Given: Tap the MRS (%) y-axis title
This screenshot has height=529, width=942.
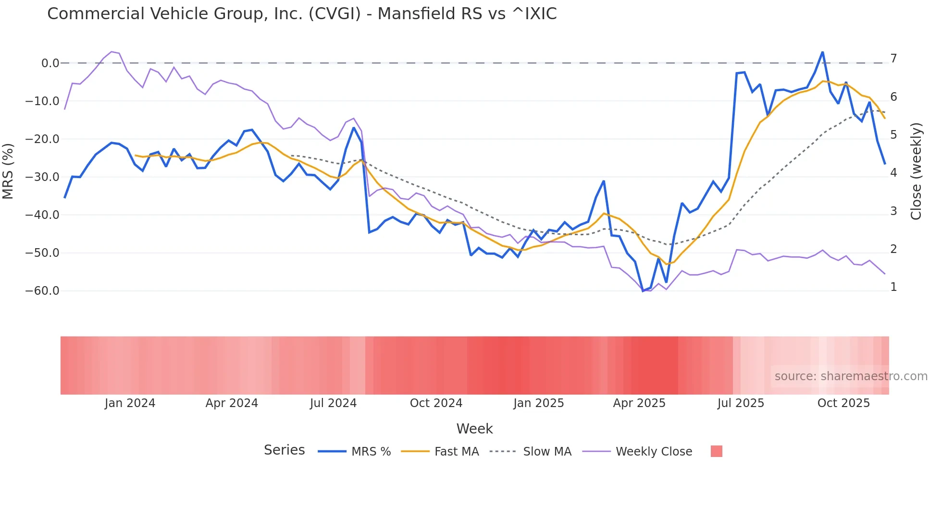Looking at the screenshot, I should pyautogui.click(x=8, y=171).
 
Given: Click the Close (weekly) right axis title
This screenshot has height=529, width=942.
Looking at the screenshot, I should pyautogui.click(x=916, y=171).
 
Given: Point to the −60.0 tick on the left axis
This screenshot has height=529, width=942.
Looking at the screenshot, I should pyautogui.click(x=42, y=291).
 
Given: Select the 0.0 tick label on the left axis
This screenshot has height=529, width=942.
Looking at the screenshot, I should pyautogui.click(x=50, y=63).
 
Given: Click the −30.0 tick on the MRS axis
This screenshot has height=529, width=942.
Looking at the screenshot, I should pyautogui.click(x=42, y=177).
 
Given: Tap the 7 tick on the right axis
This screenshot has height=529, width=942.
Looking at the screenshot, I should pyautogui.click(x=893, y=59).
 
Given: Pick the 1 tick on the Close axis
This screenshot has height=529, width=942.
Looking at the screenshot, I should pyautogui.click(x=893, y=287).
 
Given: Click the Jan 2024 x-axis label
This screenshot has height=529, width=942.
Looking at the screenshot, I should pyautogui.click(x=130, y=403).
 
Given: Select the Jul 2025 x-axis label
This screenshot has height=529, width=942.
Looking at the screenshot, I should pyautogui.click(x=741, y=403).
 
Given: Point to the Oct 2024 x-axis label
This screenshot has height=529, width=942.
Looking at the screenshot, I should pyautogui.click(x=436, y=403).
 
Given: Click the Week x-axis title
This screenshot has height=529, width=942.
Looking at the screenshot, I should pyautogui.click(x=474, y=429).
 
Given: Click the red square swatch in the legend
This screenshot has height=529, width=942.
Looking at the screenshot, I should pyautogui.click(x=716, y=451).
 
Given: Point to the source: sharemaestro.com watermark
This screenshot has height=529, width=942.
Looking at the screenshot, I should pyautogui.click(x=851, y=376).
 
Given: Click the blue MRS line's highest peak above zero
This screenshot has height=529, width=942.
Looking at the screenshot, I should pyautogui.click(x=822, y=52).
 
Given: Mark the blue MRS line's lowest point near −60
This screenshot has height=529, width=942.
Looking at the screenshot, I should pyautogui.click(x=643, y=291).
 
